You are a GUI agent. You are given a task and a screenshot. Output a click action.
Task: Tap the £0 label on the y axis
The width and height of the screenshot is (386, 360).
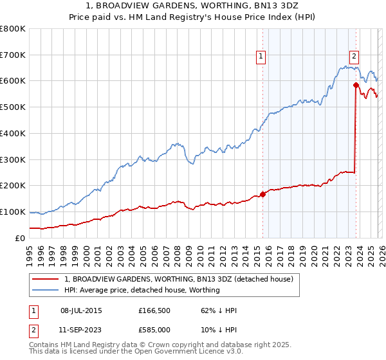tap(19, 238)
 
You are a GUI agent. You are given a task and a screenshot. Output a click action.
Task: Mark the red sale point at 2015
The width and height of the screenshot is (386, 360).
tap(262, 194)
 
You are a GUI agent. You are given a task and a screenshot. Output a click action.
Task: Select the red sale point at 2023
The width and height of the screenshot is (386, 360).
tap(356, 85)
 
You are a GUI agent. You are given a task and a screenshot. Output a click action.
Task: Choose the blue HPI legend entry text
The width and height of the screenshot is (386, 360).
tap(142, 290)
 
